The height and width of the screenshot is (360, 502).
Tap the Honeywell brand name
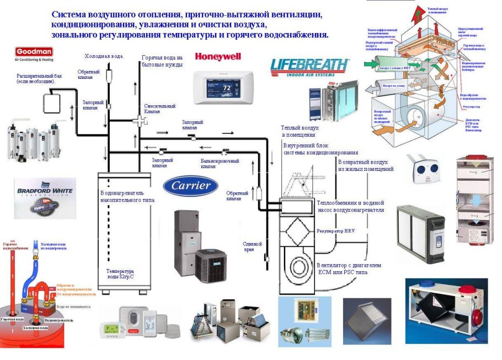tap(217, 56)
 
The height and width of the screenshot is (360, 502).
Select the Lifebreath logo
tap(309, 67)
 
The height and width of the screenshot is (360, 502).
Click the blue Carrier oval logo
tap(190, 185)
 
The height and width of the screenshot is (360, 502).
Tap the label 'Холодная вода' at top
tap(103, 56)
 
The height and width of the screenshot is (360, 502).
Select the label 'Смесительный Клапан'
tap(159, 109)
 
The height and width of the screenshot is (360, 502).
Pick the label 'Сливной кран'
tap(252, 246)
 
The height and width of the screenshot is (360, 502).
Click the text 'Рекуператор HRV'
tap(336, 229)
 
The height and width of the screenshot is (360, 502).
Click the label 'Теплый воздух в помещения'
tap(298, 131)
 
